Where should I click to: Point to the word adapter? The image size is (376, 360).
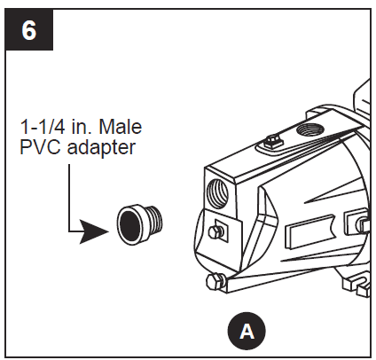101,147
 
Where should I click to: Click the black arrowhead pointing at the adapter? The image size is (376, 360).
94,234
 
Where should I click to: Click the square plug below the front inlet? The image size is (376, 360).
215,232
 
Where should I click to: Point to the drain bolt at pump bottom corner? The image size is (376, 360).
212,283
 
